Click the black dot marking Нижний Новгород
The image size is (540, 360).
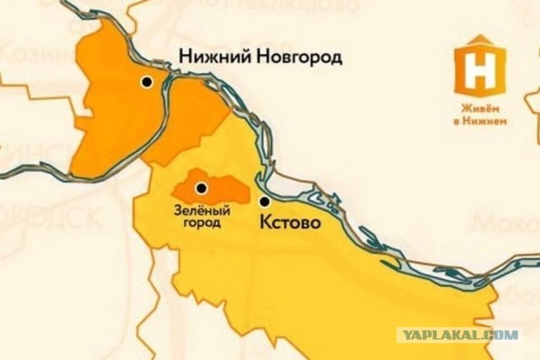(x=147, y=83)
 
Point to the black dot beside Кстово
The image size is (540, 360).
(x=264, y=201)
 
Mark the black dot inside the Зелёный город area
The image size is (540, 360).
(x=201, y=188)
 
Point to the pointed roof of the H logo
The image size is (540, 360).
(x=480, y=40)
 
